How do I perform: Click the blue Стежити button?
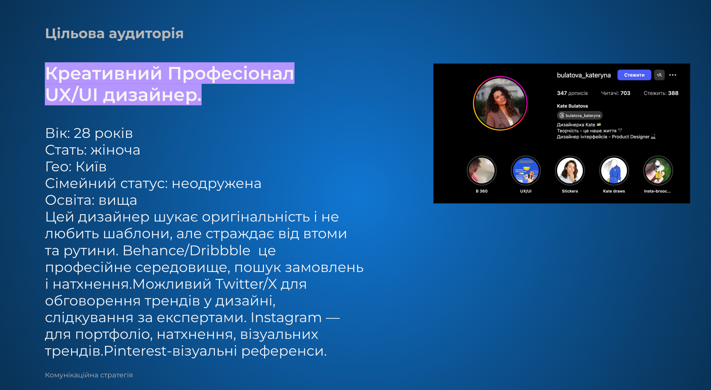634,75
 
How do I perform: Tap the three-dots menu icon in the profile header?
673,75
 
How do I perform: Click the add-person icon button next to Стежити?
659,75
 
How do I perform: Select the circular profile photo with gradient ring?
500,103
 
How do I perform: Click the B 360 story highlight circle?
482,171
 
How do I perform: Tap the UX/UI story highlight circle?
526,171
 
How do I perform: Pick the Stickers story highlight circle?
570,171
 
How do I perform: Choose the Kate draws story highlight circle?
614,171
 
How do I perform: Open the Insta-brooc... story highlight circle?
658,171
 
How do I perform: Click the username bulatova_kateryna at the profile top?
584,75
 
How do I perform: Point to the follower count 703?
625,93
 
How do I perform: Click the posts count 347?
562,93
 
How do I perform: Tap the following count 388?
673,93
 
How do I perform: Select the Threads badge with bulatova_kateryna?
580,115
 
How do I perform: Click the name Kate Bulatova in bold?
572,106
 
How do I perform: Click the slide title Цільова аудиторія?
114,33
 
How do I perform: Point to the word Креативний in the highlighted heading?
104,74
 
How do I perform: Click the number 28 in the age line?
82,133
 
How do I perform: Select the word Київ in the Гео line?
91,166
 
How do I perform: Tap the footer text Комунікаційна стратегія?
89,375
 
